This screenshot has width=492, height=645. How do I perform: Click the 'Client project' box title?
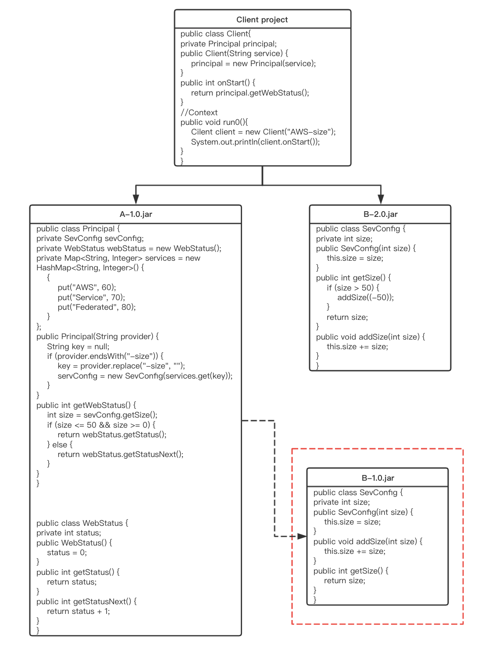pos(262,20)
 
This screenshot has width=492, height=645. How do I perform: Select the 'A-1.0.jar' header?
pos(135,214)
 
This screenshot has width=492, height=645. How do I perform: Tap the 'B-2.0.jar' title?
pos(380,214)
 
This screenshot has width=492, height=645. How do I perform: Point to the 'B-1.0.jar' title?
pos(378,478)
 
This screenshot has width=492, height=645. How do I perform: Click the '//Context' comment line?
pos(199,113)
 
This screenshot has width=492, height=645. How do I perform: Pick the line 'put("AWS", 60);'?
pos(87,287)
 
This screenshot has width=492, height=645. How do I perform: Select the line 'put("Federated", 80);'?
pos(96,307)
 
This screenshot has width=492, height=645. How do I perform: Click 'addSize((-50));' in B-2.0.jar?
pos(365,298)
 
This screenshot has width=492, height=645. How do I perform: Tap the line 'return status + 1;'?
pos(78,611)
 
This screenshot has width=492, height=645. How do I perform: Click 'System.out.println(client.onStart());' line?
pos(255,142)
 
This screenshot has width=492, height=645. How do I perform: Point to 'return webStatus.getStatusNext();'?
pos(121,454)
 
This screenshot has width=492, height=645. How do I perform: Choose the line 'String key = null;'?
pos(78,347)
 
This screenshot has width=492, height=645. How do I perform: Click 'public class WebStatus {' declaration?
pos(82,523)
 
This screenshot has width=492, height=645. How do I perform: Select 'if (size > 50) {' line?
pos(353,288)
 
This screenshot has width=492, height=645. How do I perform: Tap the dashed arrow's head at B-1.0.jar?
pos(302,536)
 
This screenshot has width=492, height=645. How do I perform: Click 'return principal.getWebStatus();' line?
pos(250,93)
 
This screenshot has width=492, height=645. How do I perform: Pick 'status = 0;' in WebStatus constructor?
pos(67,553)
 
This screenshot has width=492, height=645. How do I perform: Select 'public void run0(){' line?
pos(214,122)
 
